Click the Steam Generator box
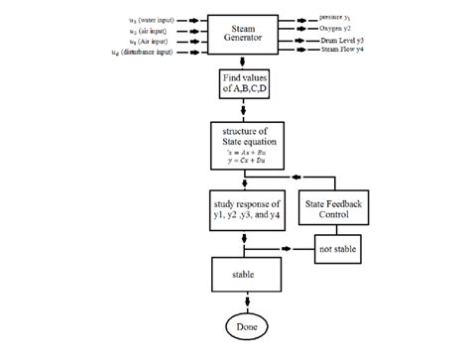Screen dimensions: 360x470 pyautogui.click(x=243, y=33)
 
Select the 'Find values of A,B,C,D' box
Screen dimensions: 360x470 pyautogui.click(x=243, y=84)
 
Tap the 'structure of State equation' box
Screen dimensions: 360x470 pyautogui.click(x=243, y=145)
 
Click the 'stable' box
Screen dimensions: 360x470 pyautogui.click(x=243, y=274)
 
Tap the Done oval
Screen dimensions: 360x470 pyautogui.click(x=243, y=326)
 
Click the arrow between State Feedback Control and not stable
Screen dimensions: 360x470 pyautogui.click(x=337, y=230)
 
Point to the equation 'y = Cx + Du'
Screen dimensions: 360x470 pyautogui.click(x=243, y=162)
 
